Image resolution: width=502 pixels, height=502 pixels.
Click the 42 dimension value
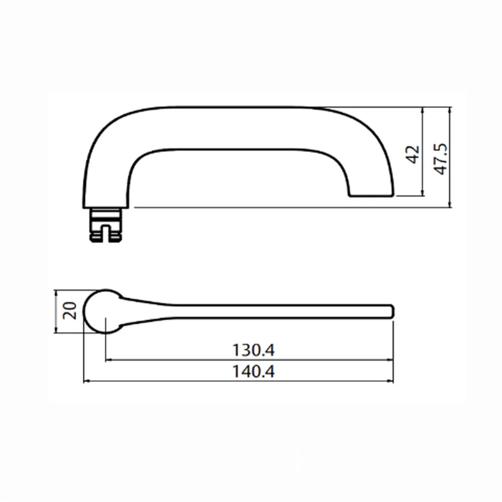pos(412,155)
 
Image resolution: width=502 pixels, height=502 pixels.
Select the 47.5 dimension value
pos(441,159)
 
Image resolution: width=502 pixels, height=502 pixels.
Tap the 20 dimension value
pos(70,311)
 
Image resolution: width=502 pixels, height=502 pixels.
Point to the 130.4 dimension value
pos(253,350)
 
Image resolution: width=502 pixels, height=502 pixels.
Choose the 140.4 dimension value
pos(253,371)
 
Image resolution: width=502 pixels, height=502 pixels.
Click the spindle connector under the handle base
pos(105,225)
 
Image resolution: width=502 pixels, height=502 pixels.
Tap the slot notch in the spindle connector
pos(105,233)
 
